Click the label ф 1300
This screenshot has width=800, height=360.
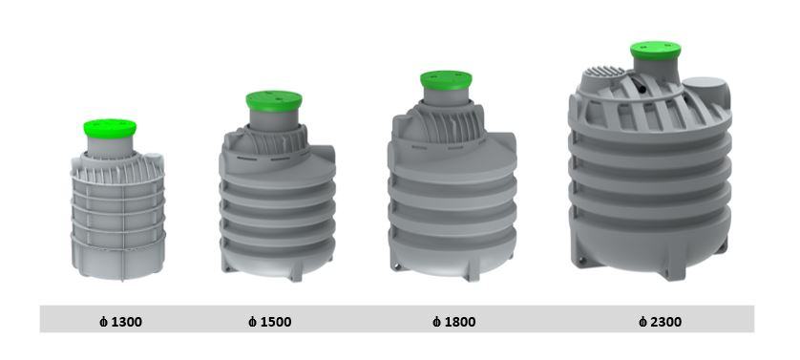click(120, 322)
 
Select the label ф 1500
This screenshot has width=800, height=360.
click(270, 322)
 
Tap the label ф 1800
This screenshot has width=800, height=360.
click(454, 322)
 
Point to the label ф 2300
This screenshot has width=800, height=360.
click(661, 322)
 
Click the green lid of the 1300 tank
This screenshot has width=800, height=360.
click(110, 128)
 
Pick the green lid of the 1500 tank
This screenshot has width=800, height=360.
click(274, 101)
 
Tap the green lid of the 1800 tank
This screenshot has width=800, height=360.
click(446, 80)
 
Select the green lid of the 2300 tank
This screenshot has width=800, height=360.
click(656, 51)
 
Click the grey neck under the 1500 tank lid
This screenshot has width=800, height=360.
click(275, 120)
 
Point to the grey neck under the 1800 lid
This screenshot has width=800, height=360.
click(447, 97)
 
